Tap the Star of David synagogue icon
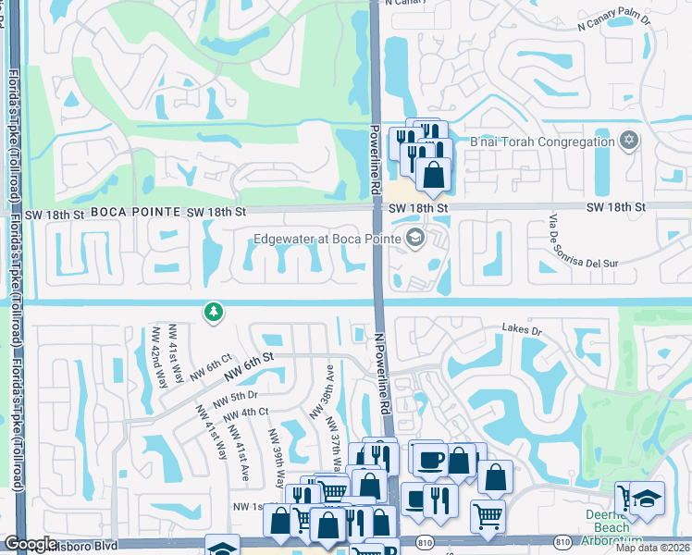(x=629, y=141)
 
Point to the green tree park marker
(x=214, y=313)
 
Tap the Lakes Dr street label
(x=521, y=327)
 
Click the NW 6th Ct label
(x=209, y=371)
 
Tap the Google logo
(x=30, y=545)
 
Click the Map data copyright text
(x=653, y=548)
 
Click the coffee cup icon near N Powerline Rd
(x=430, y=460)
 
